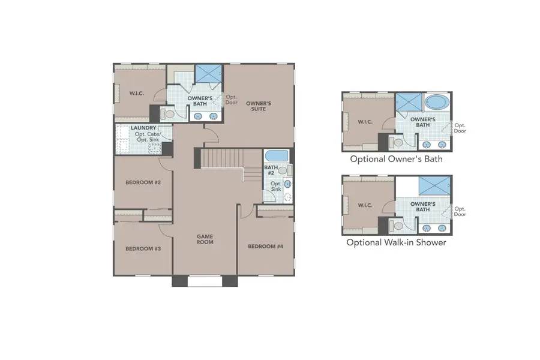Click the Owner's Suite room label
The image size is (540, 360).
(259, 107)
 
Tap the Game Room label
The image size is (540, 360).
(205, 239)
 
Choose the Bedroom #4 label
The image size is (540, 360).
(265, 246)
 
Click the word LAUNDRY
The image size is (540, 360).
(143, 128)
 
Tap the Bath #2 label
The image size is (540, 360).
(271, 171)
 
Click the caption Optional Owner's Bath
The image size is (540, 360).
(397, 160)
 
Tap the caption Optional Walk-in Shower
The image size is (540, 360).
(396, 243)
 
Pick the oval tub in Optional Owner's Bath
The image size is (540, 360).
(436, 103)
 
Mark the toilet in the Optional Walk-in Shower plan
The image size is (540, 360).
(397, 226)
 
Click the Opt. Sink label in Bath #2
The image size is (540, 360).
(277, 187)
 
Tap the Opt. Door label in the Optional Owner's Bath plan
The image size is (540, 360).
(460, 128)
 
